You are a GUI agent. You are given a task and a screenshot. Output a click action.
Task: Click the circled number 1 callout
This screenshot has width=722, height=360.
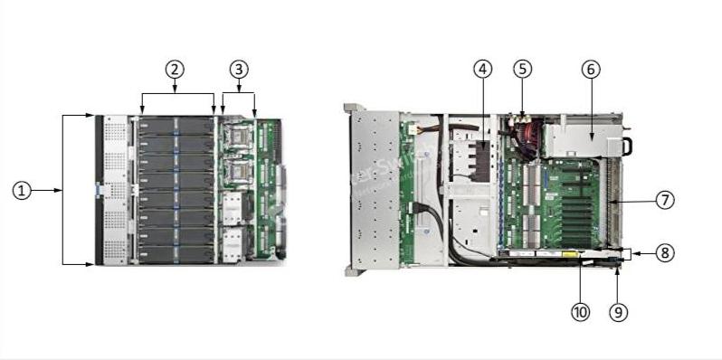pos(22,190)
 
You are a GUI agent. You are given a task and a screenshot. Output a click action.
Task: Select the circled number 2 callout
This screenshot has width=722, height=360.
pos(175,69)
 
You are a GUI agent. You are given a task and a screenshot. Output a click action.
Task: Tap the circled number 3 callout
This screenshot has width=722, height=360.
pos(238,69)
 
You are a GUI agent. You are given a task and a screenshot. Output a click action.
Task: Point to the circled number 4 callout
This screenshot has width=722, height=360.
pos(483,69)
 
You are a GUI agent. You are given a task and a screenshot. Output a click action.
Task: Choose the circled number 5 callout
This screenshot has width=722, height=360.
pos(522,69)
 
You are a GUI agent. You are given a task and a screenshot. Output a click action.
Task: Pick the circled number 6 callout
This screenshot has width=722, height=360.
pos(591,69)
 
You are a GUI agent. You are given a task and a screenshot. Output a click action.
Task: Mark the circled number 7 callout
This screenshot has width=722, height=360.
pos(665,200)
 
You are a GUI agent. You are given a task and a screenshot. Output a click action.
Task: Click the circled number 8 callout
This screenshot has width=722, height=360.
pos(665,253)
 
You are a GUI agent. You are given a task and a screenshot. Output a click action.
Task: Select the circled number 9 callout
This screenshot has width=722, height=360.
pos(618,311)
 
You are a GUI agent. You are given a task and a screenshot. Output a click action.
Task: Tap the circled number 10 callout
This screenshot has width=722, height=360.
pos(580,311)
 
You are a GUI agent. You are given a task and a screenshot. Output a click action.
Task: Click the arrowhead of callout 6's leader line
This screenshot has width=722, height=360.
pos(591,136)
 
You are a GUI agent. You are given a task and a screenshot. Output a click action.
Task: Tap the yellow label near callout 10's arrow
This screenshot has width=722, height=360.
pos(571,257)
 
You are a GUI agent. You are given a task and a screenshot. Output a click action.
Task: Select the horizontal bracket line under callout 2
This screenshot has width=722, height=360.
pos(177,92)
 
